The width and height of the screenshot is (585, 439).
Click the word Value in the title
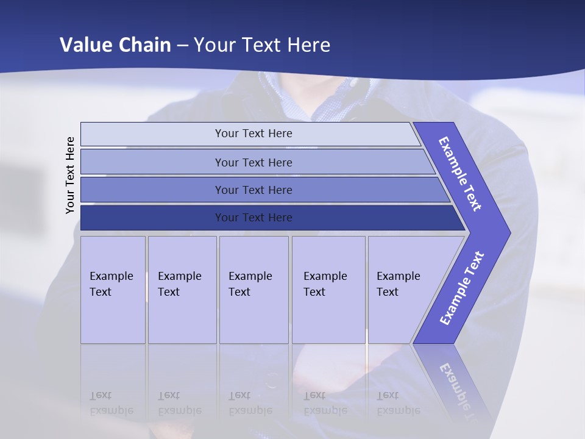(83, 45)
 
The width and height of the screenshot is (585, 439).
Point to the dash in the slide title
(182, 45)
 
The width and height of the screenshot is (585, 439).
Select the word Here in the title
(308, 45)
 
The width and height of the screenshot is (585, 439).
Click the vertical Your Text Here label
(70, 176)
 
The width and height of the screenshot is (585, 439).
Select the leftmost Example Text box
(113, 290)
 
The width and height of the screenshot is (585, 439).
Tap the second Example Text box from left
(182, 290)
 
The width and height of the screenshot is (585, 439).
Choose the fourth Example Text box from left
(328, 290)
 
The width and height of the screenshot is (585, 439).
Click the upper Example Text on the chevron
(460, 174)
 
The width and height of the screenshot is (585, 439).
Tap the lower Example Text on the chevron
(462, 288)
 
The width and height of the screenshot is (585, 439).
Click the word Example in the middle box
(250, 276)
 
